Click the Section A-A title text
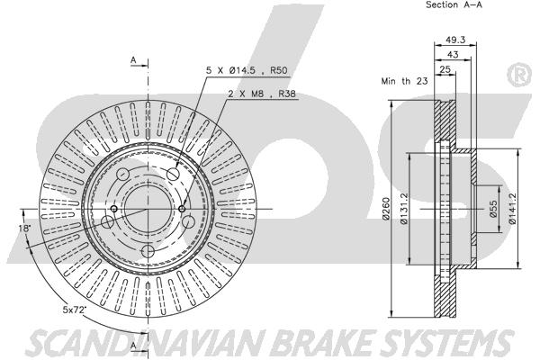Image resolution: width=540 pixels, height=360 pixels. (454, 4)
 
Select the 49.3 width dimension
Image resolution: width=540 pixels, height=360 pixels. (455, 40)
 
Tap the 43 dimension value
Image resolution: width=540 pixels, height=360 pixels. (453, 54)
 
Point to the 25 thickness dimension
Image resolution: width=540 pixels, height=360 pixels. (445, 69)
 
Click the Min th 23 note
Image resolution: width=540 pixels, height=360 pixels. (404, 81)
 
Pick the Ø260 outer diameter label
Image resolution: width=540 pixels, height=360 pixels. (385, 208)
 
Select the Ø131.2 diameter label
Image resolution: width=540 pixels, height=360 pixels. (404, 208)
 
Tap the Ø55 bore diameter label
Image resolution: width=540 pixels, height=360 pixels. (493, 209)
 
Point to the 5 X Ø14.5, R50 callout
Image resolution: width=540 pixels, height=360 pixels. (247, 70)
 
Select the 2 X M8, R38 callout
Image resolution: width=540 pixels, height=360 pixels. (262, 94)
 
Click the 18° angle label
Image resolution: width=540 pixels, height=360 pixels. (25, 228)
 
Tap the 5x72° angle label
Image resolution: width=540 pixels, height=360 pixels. (74, 310)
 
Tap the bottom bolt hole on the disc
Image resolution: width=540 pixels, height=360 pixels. (148, 251)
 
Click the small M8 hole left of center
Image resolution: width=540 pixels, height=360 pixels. (114, 209)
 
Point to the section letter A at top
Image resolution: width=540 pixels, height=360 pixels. (133, 60)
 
